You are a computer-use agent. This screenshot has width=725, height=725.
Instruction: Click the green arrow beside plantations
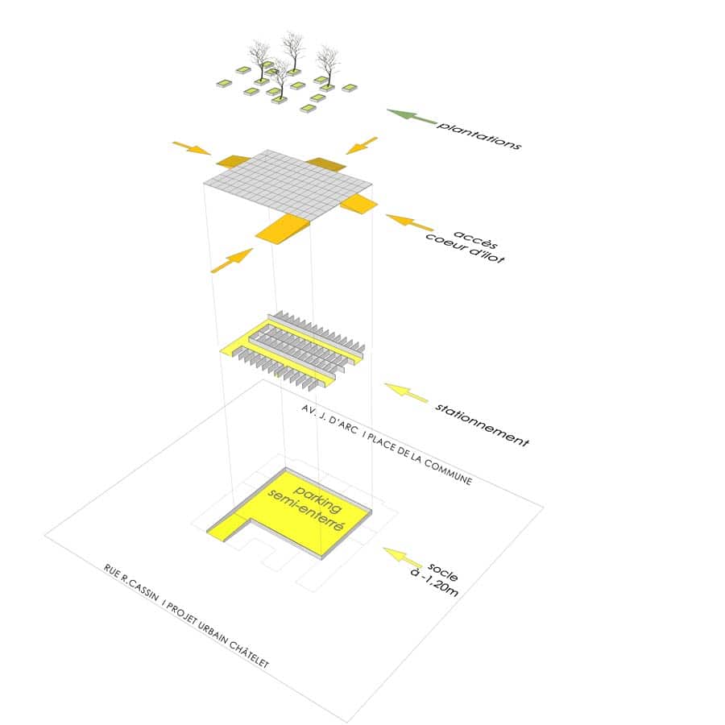[412, 117]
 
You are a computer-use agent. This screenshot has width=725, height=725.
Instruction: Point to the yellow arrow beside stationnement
[407, 393]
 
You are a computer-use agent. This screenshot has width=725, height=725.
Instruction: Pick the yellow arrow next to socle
[402, 557]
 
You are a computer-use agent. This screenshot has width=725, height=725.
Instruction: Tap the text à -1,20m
[433, 583]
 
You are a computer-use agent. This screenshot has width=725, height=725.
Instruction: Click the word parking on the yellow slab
[318, 499]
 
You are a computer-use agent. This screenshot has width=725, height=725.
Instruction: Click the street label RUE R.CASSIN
[130, 583]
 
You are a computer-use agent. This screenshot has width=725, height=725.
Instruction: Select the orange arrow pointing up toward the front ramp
[232, 261]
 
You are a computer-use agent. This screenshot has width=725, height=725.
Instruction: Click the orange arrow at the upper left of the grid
[192, 148]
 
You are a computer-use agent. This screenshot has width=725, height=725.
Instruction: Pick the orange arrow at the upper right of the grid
[362, 145]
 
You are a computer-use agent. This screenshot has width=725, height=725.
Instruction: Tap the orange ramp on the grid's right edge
[359, 204]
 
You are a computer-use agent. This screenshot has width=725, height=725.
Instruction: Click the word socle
[442, 571]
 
